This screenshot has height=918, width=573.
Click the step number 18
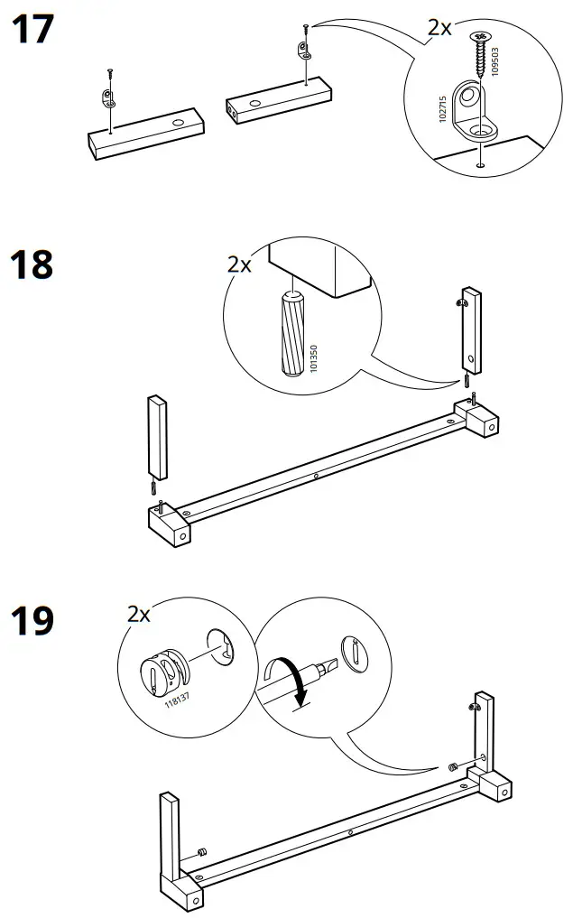pos(32,265)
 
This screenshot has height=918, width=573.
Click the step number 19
pos(32,621)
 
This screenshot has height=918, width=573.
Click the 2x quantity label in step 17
pos(439,28)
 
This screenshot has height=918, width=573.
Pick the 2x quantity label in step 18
pos(239,264)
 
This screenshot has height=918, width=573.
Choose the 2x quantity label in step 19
pos(139,615)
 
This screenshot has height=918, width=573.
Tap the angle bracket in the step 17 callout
pos(473,113)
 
